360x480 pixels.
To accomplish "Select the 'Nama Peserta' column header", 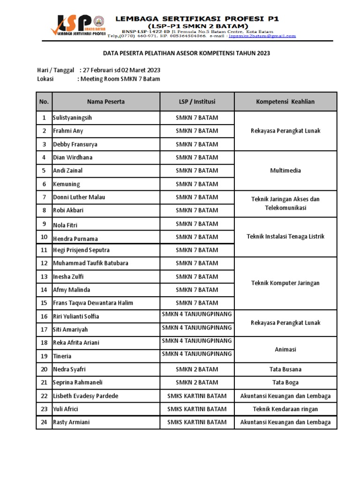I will (x=105, y=101).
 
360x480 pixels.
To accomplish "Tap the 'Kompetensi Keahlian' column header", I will (x=285, y=101).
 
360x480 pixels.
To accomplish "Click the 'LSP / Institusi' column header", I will (x=197, y=101).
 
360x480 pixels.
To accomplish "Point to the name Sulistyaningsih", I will (x=73, y=118).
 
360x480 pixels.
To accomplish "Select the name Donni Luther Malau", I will (x=79, y=197).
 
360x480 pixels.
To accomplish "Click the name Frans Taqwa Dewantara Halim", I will (x=93, y=303).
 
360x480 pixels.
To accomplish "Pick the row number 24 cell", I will (x=44, y=422).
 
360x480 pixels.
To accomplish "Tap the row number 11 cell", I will (x=44, y=250).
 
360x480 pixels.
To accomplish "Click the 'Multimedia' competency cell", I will (x=285, y=171).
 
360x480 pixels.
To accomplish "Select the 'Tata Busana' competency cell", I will (x=285, y=369).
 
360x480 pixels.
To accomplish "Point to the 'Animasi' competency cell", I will (x=285, y=349).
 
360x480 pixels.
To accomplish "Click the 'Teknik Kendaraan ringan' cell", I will (x=285, y=409).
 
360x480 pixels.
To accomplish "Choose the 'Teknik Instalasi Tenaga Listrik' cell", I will (x=285, y=237).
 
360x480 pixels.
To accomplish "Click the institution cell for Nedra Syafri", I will (x=197, y=369).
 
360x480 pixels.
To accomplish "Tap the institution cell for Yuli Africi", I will (x=197, y=409).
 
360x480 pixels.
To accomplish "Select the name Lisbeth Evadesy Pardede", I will (x=85, y=396).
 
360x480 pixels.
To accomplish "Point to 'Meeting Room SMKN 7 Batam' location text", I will (x=120, y=79).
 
